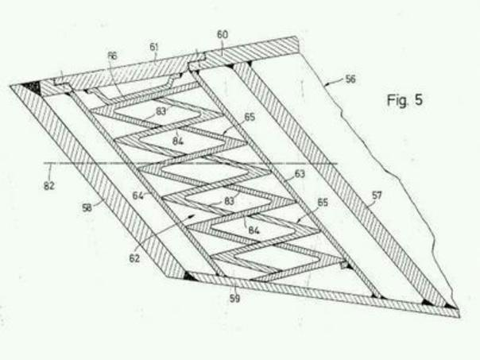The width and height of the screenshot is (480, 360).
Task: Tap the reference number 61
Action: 154,47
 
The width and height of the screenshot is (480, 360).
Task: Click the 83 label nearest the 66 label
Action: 161,111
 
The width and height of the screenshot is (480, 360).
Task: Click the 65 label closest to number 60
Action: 250,117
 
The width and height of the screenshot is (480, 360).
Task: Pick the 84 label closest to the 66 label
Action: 178,141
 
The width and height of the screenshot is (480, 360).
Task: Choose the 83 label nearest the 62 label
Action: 230,202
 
